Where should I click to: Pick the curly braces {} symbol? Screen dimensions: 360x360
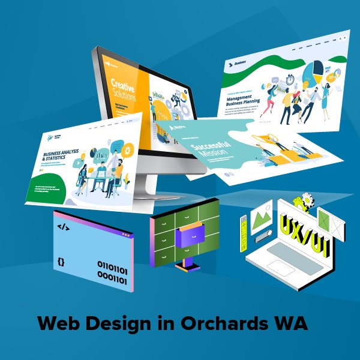point(61,262)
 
